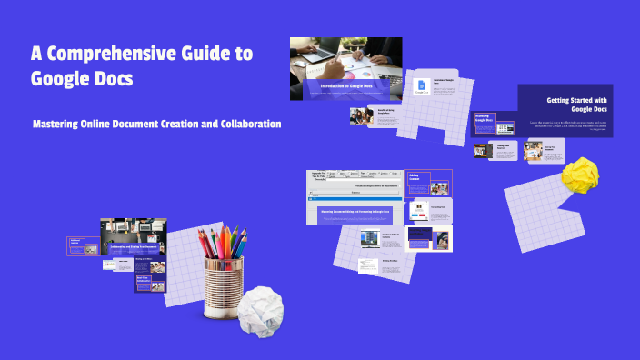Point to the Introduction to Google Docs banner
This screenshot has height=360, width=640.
(x=346, y=85)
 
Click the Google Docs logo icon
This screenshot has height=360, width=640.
(x=422, y=86)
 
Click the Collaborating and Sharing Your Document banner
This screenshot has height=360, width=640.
(x=134, y=245)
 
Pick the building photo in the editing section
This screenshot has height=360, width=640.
(x=369, y=239)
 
